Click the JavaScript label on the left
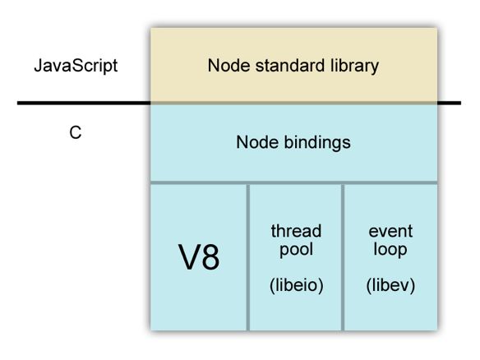point(76,66)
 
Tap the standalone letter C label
point(76,133)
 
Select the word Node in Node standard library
point(229,66)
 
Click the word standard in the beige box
point(286,66)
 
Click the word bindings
point(317,143)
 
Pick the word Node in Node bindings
point(257,142)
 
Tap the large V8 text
point(199,257)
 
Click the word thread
point(296,231)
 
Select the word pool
point(296,250)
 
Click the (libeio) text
point(297,285)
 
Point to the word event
point(390,232)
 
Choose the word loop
point(390,250)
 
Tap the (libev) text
point(390,285)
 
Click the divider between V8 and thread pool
point(247,257)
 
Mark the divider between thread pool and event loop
point(343,257)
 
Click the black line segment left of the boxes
point(84,104)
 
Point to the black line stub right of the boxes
point(449,104)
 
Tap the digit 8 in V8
point(210,257)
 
